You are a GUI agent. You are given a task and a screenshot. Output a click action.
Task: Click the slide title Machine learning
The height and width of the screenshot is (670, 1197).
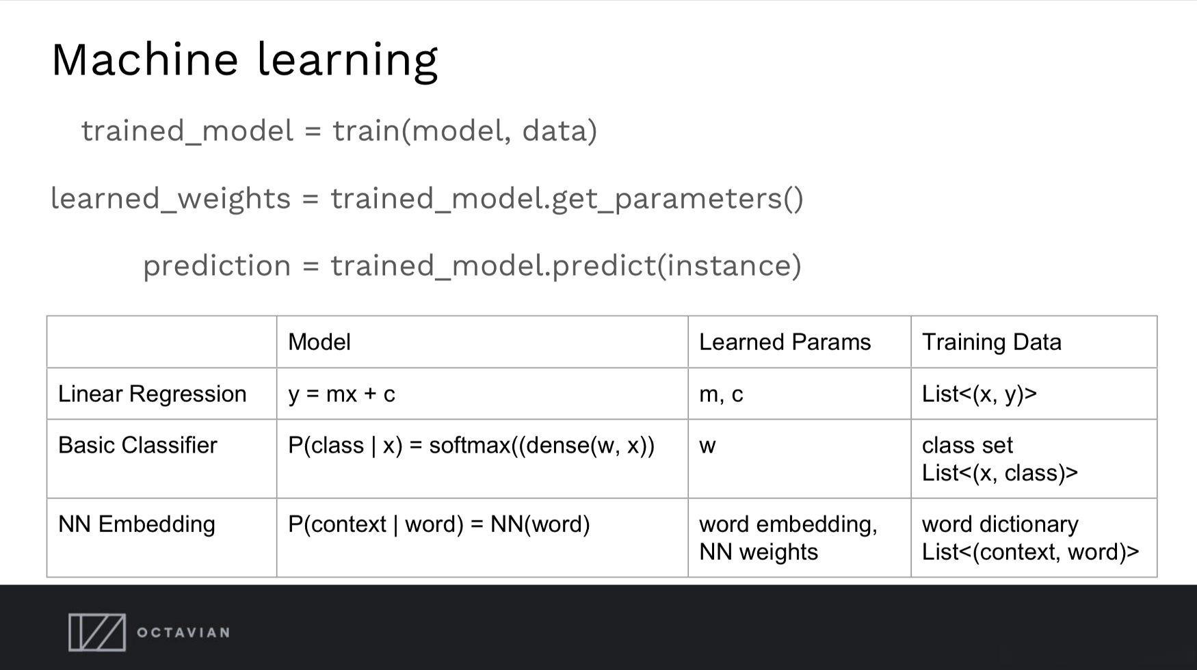(244, 60)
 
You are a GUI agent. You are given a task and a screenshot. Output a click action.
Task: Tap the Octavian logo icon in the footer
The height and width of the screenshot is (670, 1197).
(97, 632)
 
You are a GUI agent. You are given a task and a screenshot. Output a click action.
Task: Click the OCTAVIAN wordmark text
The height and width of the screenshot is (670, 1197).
(183, 632)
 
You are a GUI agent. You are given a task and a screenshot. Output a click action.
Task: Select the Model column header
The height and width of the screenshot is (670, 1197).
(319, 342)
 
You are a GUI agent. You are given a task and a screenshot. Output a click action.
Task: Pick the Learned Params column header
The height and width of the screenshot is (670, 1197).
(785, 342)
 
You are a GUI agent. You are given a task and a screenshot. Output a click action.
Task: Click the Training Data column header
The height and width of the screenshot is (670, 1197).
(992, 342)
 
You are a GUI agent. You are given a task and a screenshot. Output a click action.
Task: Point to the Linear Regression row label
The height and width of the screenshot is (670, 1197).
(152, 394)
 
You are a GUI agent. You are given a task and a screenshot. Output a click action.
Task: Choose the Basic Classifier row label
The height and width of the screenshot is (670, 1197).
(137, 445)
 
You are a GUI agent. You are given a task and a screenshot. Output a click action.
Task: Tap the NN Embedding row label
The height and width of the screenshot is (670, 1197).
(137, 524)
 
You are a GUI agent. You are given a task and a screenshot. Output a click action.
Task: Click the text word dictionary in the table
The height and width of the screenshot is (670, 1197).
(1000, 524)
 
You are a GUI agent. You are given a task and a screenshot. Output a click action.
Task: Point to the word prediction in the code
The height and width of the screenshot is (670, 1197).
(217, 266)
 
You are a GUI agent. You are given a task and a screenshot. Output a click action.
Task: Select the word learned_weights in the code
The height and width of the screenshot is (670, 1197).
(171, 199)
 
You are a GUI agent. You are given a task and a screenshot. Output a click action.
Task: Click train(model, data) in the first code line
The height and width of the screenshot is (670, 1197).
(465, 131)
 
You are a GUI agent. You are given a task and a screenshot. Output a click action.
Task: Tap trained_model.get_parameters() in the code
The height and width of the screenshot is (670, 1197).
(567, 199)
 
